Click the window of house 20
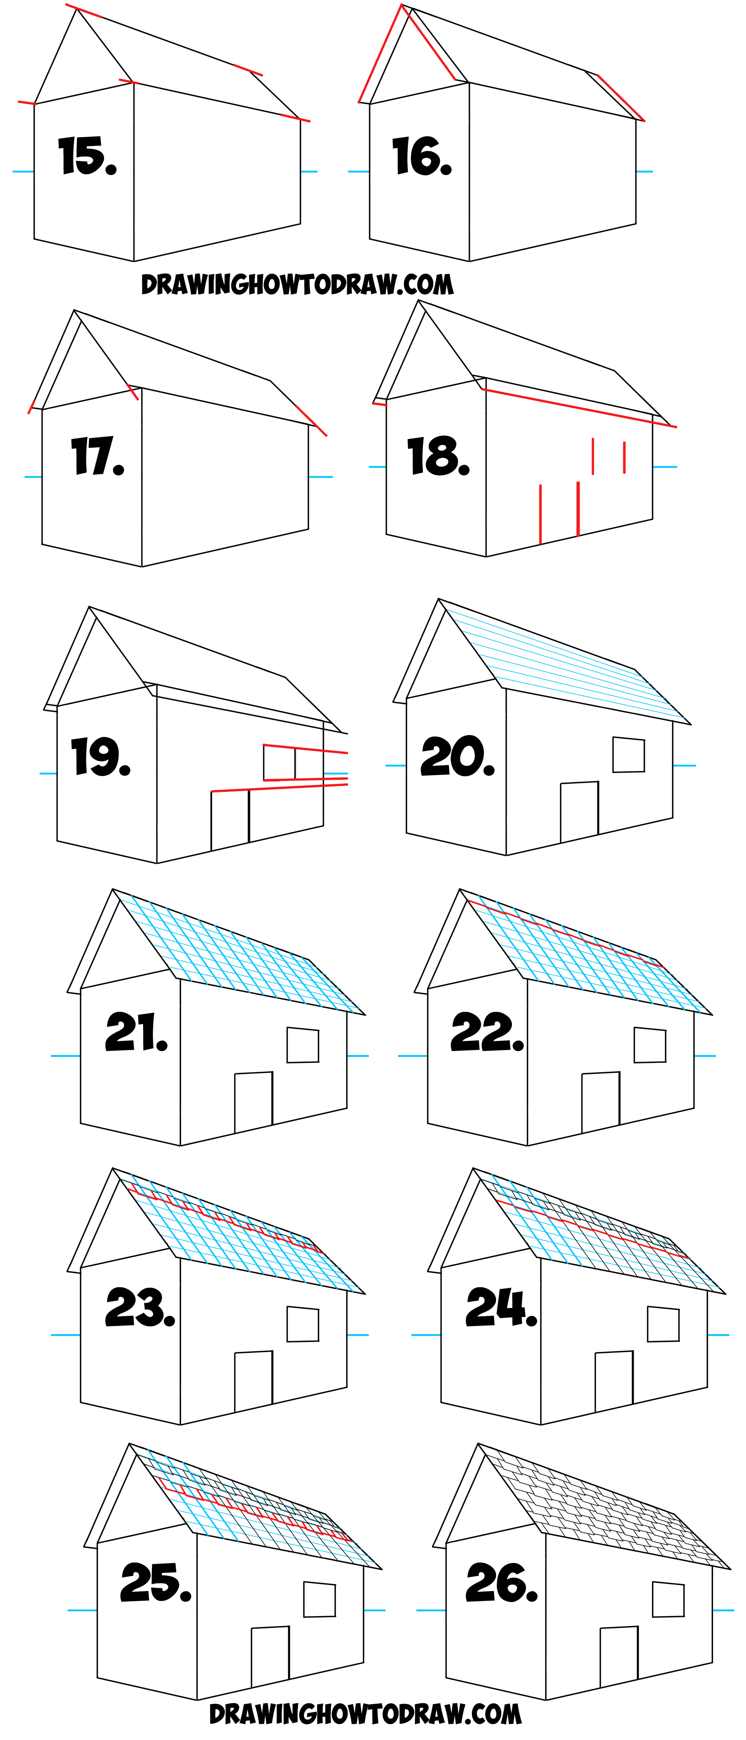(628, 755)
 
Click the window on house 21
(303, 1045)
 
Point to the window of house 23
(303, 1324)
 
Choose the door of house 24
(614, 1381)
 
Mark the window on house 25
(320, 1599)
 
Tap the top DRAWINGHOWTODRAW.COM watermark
(297, 285)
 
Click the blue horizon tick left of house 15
(23, 171)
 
